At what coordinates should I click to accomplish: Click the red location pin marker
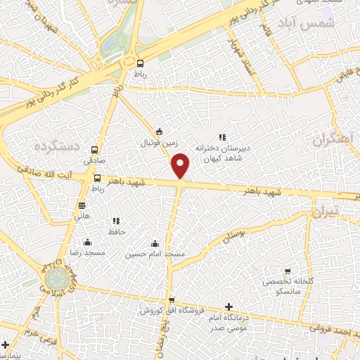[181, 165]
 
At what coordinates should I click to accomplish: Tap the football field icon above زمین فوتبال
[160, 131]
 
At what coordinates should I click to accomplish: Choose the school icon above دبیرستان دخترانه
[222, 138]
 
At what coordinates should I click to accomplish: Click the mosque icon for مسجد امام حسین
[155, 243]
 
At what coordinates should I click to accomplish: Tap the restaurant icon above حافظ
[116, 221]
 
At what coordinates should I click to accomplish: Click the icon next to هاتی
[82, 205]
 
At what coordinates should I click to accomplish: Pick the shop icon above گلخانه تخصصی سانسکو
[288, 271]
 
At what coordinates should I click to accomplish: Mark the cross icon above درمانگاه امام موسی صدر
[229, 307]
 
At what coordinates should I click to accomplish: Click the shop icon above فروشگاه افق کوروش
[172, 300]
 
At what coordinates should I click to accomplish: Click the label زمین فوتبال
[161, 143]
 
